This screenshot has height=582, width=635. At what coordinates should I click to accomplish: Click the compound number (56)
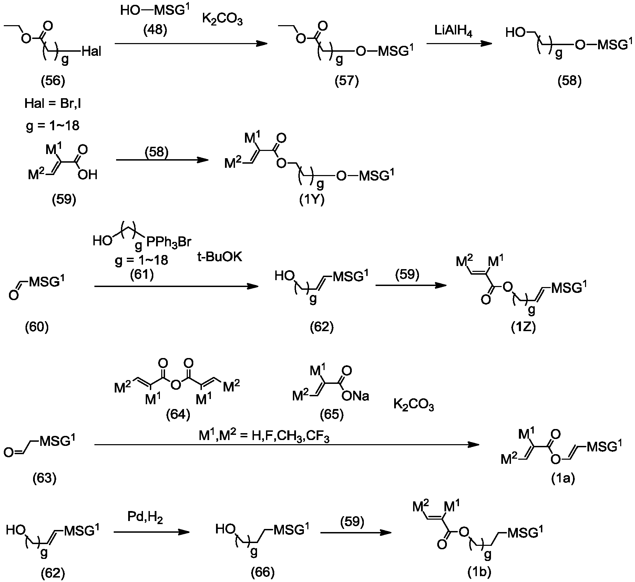(x=53, y=81)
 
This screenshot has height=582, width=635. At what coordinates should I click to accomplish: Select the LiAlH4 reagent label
(x=453, y=32)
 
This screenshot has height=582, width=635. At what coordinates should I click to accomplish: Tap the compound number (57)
(x=347, y=81)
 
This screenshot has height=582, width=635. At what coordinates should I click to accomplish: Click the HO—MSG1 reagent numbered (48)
(x=155, y=10)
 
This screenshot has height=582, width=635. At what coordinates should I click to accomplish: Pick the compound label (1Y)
(x=312, y=200)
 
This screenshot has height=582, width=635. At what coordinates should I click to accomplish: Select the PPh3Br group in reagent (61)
(x=168, y=242)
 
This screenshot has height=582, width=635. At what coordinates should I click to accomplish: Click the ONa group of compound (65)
(x=355, y=396)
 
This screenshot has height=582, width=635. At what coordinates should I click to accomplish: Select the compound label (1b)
(x=479, y=572)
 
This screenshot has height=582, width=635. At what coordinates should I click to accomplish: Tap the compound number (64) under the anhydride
(x=178, y=415)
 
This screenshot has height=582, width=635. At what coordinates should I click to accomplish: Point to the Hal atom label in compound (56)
(x=91, y=52)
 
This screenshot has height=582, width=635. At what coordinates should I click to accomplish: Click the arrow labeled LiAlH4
(x=459, y=44)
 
